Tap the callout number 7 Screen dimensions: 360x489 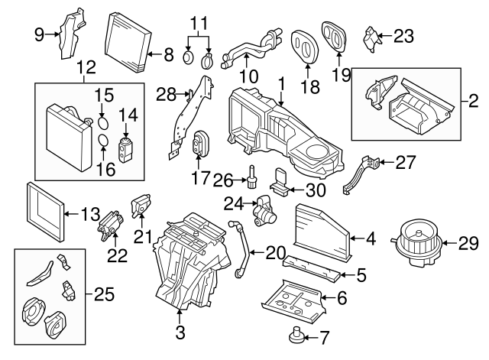(x=323, y=336)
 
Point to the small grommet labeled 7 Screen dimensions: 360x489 (x=295, y=333)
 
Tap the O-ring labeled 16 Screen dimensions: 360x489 (x=102, y=141)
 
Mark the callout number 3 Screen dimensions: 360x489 (x=180, y=332)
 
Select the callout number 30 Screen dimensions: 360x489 (x=315, y=188)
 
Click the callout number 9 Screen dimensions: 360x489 (x=39, y=33)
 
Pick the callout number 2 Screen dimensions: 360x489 (x=473, y=100)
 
